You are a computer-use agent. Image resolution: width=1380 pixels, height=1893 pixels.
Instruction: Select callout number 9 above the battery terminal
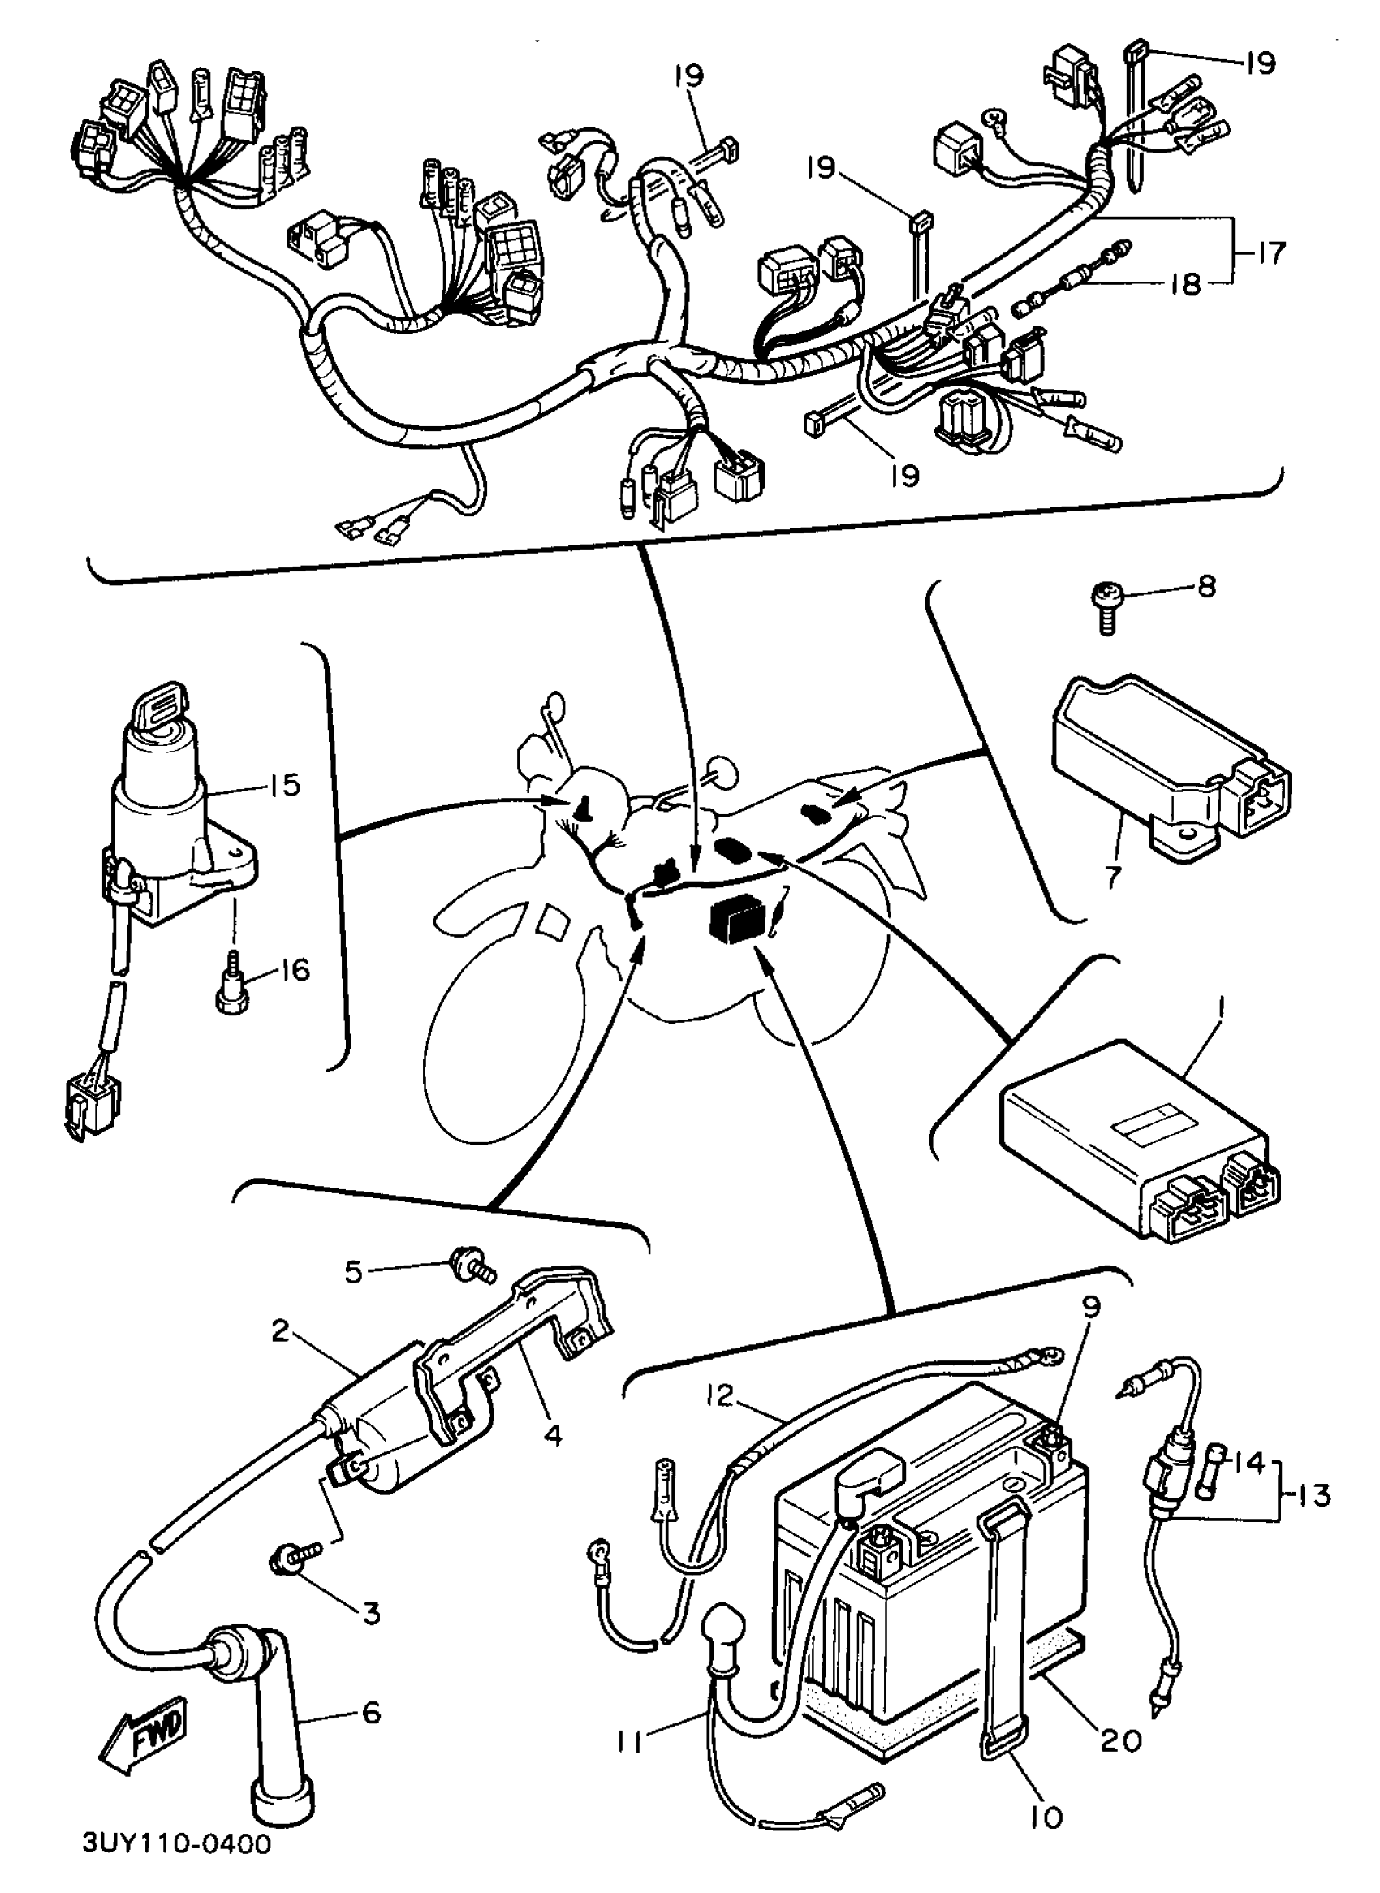[x=1091, y=1309]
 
